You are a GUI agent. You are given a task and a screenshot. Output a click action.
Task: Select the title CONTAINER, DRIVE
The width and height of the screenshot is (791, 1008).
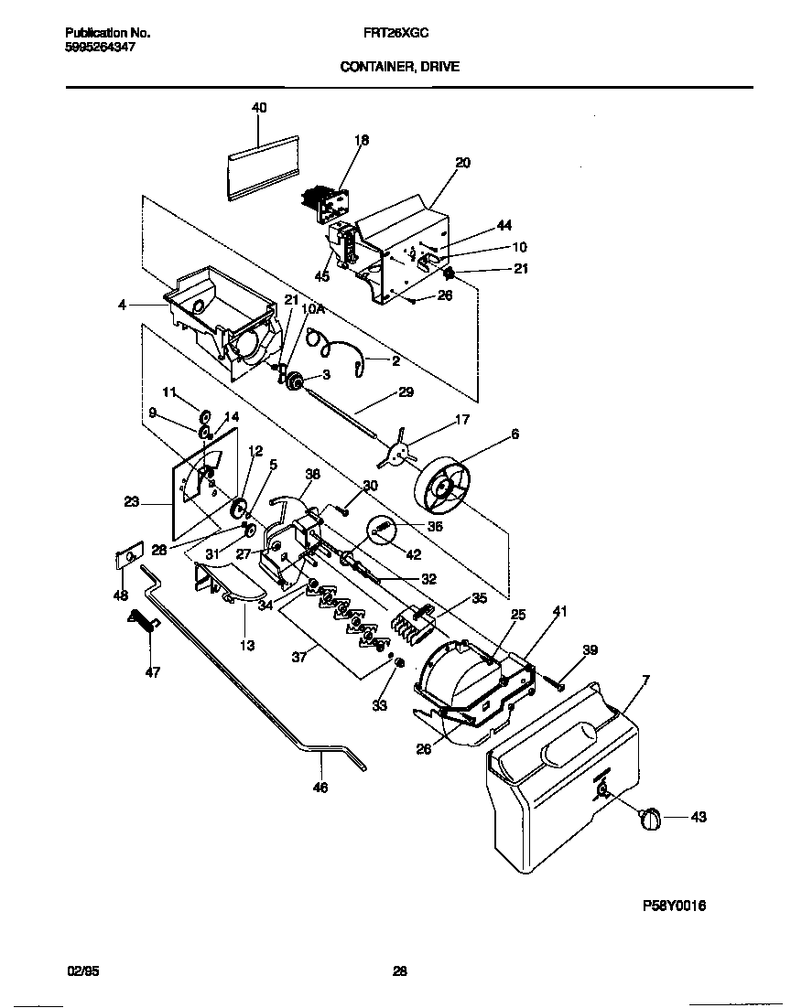399,66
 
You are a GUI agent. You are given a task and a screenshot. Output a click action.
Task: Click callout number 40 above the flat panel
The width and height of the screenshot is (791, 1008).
259,108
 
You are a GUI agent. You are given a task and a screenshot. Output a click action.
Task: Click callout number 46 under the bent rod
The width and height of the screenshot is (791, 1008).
320,788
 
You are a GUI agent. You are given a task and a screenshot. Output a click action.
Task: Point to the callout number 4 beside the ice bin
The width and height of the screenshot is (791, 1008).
122,305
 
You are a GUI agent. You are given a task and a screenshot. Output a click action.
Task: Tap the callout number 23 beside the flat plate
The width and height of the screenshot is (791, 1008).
131,501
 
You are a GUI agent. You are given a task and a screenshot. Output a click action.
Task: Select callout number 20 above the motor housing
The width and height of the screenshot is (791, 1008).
462,163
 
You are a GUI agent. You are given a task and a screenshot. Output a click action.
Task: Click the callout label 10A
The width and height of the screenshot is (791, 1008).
314,310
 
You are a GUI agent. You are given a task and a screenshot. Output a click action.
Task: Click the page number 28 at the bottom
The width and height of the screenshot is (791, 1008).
399,971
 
